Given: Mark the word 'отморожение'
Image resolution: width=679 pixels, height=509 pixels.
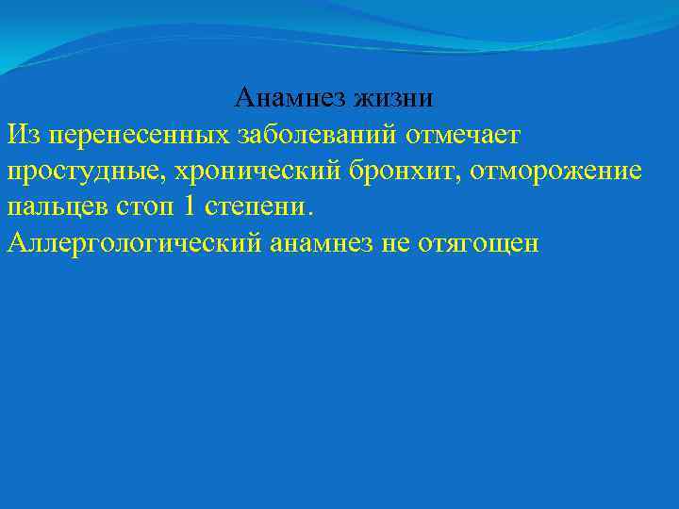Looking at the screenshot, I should pos(561,172).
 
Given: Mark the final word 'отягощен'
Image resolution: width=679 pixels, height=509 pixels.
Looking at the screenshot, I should pos(479,244).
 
